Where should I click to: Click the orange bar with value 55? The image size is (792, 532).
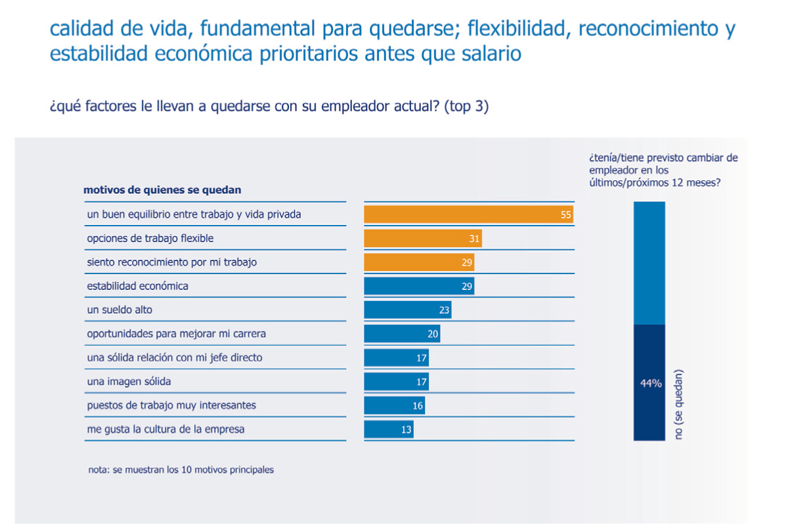(469, 215)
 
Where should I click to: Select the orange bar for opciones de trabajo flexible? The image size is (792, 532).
(422, 239)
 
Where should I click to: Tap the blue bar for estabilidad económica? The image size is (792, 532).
(419, 286)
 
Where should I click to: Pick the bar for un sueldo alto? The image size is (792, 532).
(407, 310)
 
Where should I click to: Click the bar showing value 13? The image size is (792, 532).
(388, 429)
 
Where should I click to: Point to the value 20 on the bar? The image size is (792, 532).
(433, 334)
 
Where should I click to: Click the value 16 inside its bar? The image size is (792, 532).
(418, 405)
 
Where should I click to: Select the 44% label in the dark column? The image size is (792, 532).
(651, 384)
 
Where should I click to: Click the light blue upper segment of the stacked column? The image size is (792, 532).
(649, 262)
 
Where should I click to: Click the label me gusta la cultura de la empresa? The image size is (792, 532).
(165, 429)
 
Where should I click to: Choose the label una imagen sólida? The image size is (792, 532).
(129, 381)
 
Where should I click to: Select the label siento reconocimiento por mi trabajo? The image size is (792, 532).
(171, 262)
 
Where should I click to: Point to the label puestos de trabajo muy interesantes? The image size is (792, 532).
(171, 405)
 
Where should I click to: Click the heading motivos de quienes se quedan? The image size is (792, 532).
(162, 190)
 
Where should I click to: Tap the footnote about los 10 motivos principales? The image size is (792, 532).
(181, 470)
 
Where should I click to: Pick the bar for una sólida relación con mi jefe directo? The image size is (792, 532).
(396, 358)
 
